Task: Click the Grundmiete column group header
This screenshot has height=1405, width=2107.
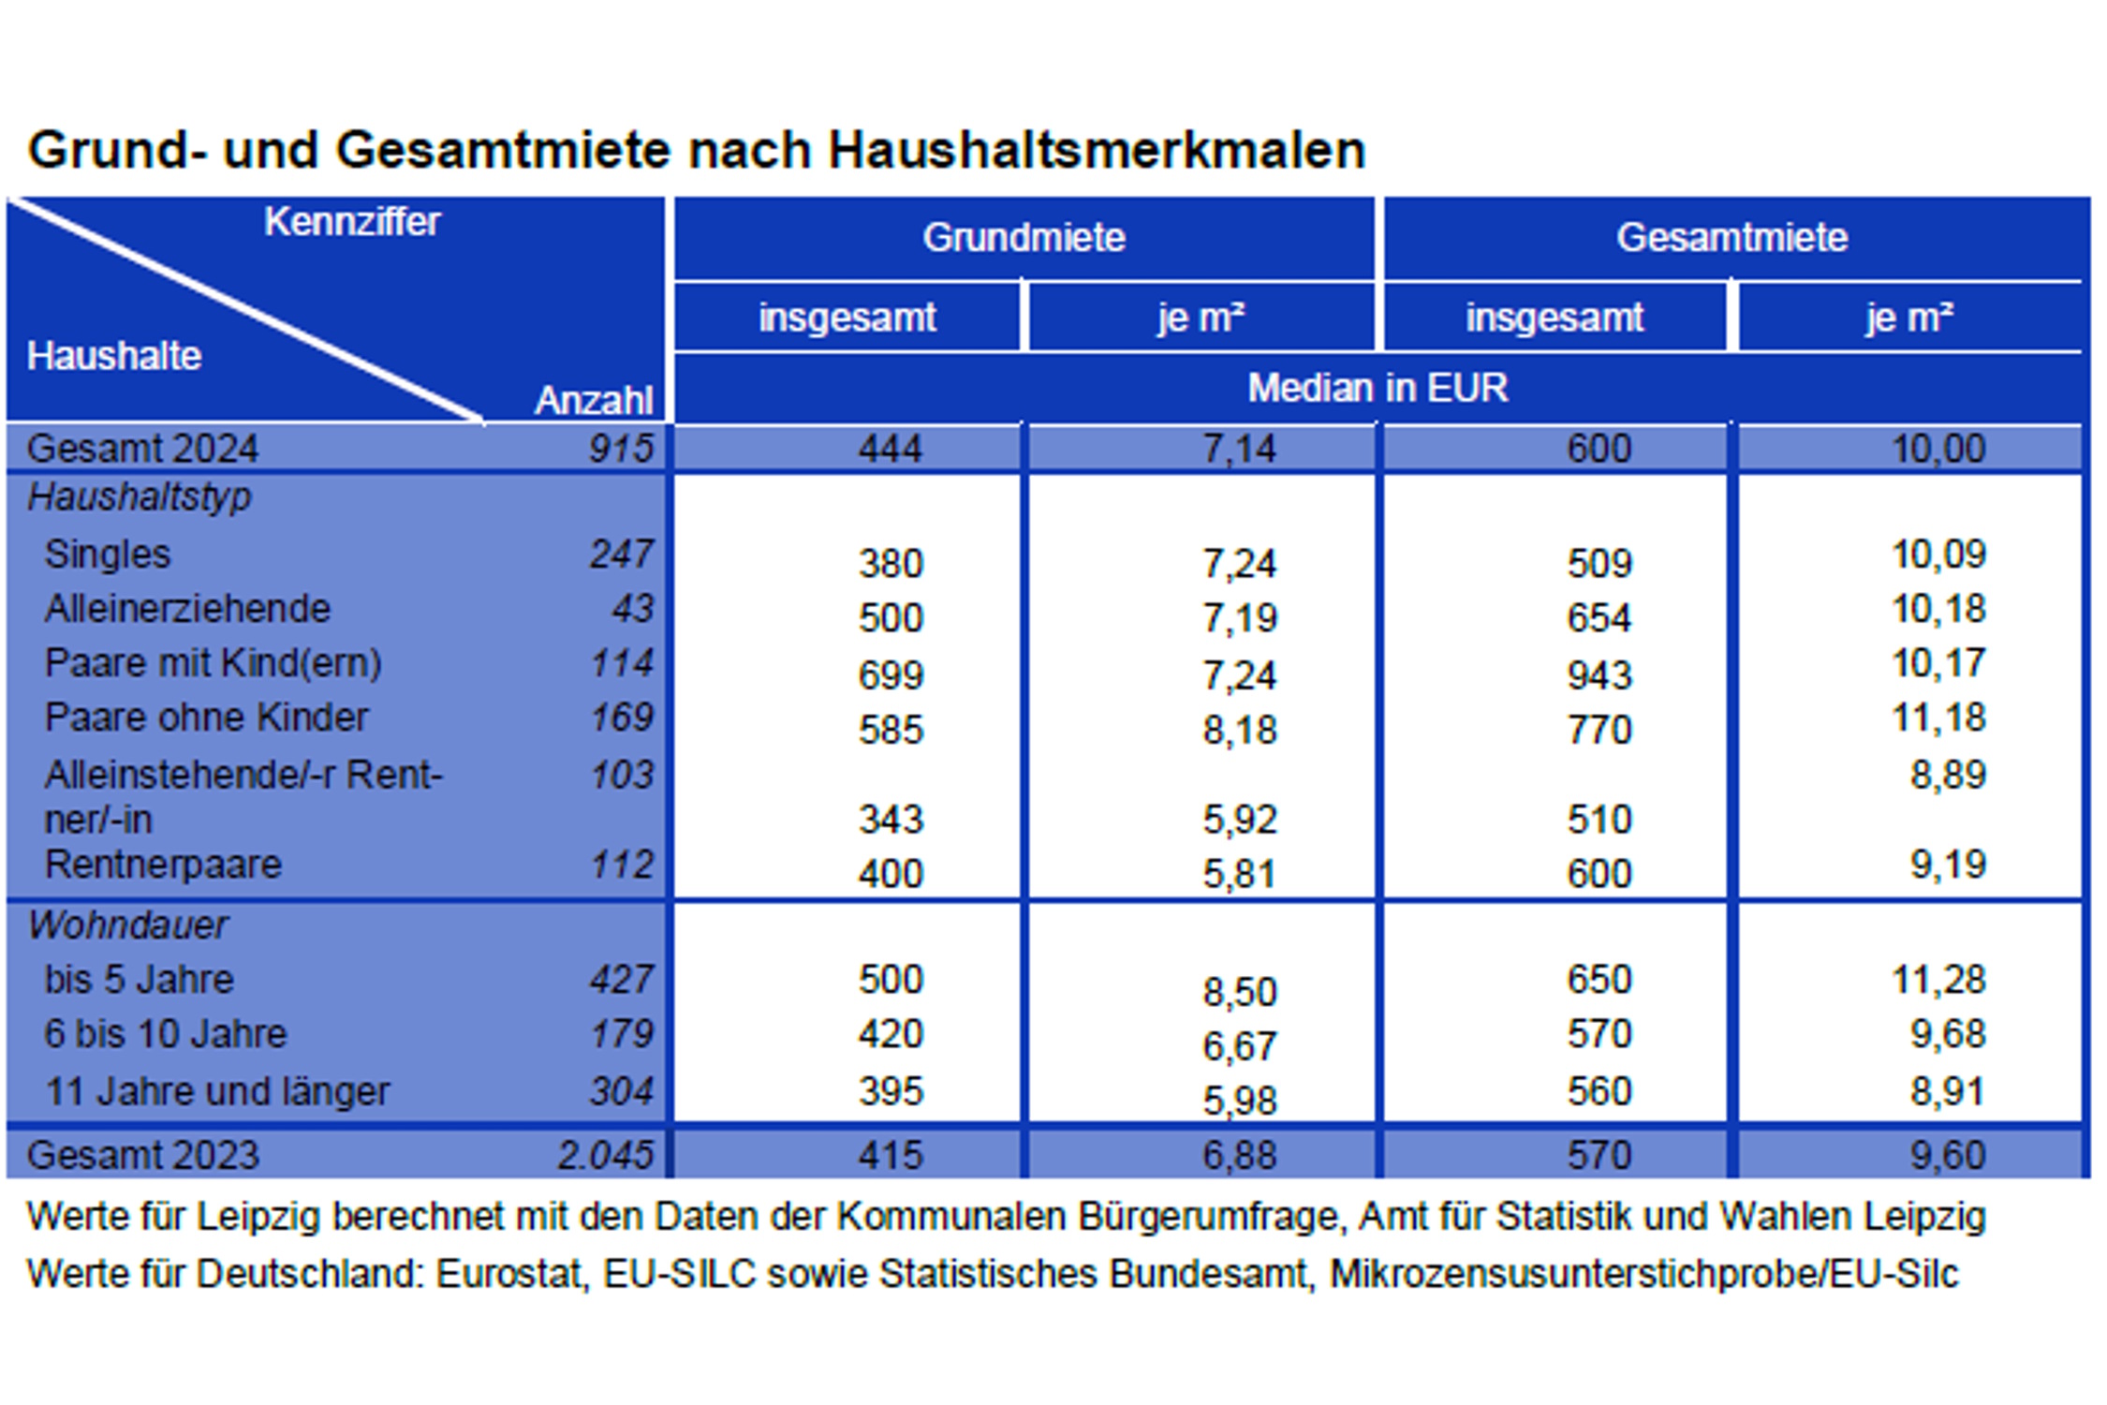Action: (1024, 238)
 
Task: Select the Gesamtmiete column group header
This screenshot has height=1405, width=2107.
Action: (1731, 238)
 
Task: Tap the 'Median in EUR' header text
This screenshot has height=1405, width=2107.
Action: (1377, 388)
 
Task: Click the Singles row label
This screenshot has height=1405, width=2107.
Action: (108, 554)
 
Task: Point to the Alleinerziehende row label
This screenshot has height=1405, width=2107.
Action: (187, 609)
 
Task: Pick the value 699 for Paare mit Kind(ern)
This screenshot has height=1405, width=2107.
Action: (891, 674)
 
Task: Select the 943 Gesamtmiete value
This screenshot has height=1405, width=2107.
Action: (1599, 674)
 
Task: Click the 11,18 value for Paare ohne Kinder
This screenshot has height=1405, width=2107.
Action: (1938, 717)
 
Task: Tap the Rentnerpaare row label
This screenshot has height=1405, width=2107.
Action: (163, 864)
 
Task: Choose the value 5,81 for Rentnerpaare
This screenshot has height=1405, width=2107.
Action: (1239, 874)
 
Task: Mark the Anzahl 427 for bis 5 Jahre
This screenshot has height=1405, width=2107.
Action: (621, 980)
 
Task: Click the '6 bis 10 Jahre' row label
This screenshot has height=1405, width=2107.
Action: (165, 1034)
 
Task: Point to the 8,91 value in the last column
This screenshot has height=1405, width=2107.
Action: (1947, 1091)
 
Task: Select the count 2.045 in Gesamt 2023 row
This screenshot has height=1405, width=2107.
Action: (605, 1154)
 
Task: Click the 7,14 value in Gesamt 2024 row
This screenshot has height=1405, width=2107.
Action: (1239, 449)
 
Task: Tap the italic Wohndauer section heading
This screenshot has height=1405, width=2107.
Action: (127, 925)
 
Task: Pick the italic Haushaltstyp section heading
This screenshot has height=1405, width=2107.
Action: (140, 496)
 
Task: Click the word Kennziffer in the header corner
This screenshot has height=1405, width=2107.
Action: (352, 222)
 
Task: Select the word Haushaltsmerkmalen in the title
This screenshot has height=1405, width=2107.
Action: (1096, 150)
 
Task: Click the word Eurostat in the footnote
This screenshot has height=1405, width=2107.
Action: (511, 1274)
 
